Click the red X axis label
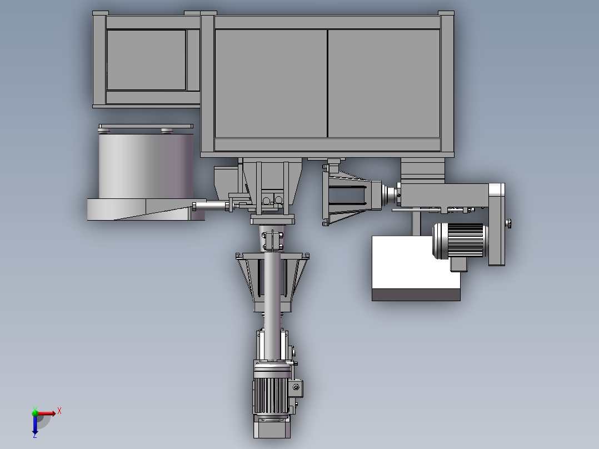[x=59, y=411]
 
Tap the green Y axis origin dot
[x=35, y=412]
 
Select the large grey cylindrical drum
[x=146, y=166]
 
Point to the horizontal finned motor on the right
[x=460, y=241]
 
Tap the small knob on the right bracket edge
[x=508, y=223]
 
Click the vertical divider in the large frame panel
[x=327, y=83]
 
